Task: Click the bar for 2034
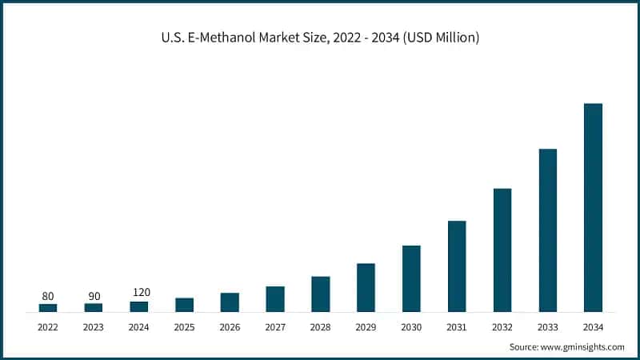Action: [593, 207]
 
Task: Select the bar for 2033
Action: [547, 230]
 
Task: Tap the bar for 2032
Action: [502, 250]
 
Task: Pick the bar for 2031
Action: [457, 266]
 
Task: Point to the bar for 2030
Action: [411, 278]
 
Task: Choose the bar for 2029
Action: [366, 287]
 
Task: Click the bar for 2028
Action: [320, 294]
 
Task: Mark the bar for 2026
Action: [230, 302]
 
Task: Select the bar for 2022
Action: [48, 307]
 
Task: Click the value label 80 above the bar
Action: [48, 296]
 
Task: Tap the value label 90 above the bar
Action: [94, 296]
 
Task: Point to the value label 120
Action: [141, 292]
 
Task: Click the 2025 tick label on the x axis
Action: [184, 327]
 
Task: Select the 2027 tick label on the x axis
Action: [275, 327]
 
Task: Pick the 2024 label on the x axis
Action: [139, 327]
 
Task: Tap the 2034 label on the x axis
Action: [593, 327]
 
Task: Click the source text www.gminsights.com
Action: [584, 347]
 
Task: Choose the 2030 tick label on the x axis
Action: [411, 327]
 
